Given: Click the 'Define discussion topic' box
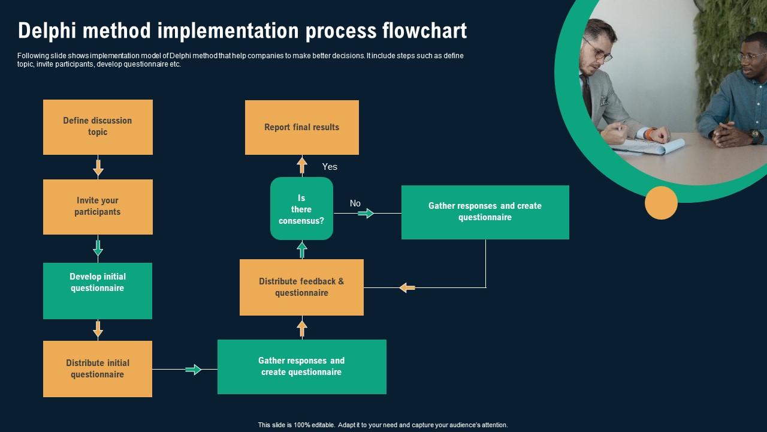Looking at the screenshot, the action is point(98,127).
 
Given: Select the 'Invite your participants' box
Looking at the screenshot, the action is point(98,207).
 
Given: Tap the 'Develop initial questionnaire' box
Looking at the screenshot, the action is point(98,291).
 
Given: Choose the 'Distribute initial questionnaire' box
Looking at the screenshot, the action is point(98,369).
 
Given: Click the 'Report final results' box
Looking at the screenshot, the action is point(302,128).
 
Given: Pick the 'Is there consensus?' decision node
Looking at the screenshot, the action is point(301,208).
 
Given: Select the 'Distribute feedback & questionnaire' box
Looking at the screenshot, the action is point(301,287).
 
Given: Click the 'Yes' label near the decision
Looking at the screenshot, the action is point(330,167).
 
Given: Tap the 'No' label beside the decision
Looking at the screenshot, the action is point(355,203).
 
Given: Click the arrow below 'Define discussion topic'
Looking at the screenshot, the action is point(98,168).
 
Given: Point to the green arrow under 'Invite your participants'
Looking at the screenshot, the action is point(98,248).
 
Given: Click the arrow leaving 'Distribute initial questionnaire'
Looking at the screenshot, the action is point(194,370).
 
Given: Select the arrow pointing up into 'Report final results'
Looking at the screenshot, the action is point(302,165).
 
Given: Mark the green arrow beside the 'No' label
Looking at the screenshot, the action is point(366,213).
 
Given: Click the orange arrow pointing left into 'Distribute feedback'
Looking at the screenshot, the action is point(407,287).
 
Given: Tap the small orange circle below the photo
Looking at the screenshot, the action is point(661,203).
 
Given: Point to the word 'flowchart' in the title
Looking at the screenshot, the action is point(425,31).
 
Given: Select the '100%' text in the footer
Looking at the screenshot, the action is point(301,425).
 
